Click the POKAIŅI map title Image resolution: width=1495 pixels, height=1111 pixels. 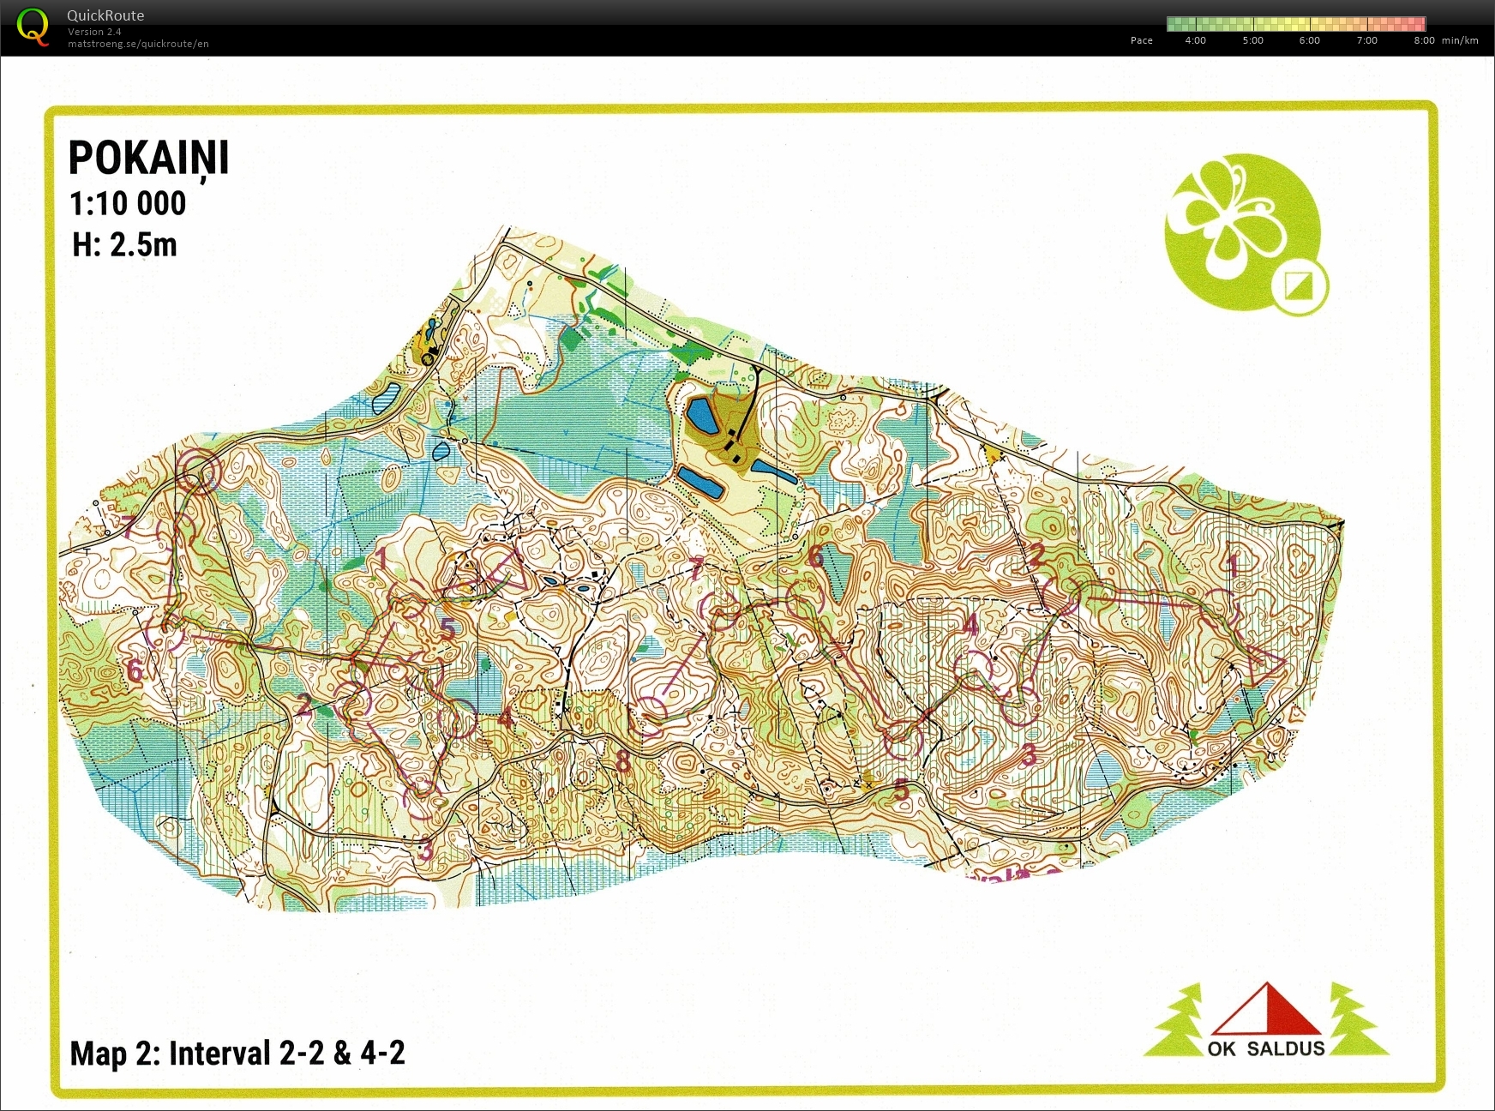point(148,159)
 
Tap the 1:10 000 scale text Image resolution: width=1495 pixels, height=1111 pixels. point(128,204)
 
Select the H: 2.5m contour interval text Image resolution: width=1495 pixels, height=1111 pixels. point(124,245)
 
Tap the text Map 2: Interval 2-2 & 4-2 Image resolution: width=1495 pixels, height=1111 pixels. point(237,1053)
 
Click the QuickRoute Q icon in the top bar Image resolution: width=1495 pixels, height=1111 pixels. point(33,26)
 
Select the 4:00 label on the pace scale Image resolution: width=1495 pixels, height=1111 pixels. point(1195,40)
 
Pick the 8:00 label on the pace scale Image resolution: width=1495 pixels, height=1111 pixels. point(1424,40)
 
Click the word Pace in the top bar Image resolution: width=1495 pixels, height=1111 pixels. point(1141,40)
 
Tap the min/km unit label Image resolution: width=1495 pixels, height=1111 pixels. point(1460,40)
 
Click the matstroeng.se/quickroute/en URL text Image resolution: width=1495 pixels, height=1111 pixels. point(138,44)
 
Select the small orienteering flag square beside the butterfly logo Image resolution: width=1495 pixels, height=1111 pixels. point(1300,285)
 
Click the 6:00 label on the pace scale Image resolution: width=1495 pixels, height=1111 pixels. point(1309,40)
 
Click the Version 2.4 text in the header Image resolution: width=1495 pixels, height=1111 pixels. point(94,32)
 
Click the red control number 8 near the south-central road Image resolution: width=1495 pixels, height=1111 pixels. point(623,761)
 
